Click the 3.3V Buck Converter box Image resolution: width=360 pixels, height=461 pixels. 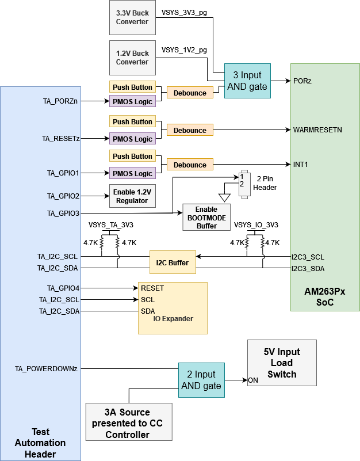point(132,17)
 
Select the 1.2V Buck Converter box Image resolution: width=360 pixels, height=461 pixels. point(132,58)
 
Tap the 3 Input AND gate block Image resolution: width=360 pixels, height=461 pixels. point(247,81)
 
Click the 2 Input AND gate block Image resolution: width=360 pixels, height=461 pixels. point(201,380)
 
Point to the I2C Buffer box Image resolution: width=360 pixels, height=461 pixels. point(173,262)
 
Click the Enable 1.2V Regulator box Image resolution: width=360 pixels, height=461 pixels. point(132,196)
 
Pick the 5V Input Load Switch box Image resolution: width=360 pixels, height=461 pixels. point(281,363)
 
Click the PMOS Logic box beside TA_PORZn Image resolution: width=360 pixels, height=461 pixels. point(132,102)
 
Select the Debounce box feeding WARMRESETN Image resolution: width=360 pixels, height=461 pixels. point(190,130)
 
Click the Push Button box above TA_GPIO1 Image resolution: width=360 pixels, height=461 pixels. point(132,157)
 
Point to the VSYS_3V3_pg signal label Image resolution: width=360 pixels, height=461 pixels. point(184,12)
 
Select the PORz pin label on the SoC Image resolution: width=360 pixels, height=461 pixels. point(302,81)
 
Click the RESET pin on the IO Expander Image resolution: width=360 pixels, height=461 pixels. point(152,288)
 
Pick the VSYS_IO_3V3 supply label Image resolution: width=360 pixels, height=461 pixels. point(256,224)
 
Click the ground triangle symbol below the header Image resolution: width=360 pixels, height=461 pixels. point(224,197)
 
